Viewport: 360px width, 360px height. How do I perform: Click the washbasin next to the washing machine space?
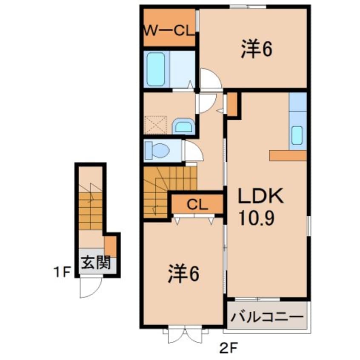(x=183, y=126)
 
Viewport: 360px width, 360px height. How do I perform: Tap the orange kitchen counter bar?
(x=288, y=155)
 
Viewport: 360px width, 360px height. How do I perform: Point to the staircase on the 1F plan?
(x=90, y=209)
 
